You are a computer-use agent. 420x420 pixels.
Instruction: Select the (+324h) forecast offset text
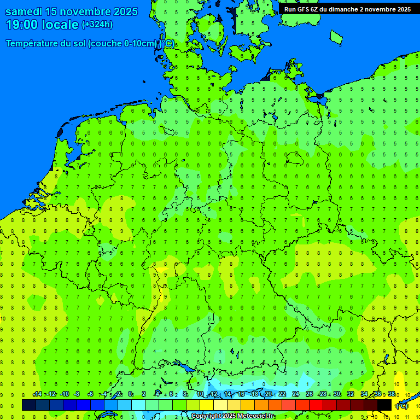click(97, 25)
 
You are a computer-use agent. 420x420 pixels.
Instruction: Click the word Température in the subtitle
click(32, 44)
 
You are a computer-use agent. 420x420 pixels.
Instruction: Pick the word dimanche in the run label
click(342, 9)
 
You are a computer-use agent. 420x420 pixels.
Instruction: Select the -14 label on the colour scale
click(37, 394)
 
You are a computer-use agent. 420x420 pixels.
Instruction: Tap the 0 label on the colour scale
click(130, 394)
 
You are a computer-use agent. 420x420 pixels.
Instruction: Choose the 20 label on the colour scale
click(268, 394)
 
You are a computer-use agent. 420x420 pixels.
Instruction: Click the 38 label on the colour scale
click(392, 394)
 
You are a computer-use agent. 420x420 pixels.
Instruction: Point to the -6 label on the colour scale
click(91, 394)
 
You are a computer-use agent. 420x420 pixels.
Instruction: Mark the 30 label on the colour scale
click(337, 394)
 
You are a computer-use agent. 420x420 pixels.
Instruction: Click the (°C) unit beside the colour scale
click(401, 405)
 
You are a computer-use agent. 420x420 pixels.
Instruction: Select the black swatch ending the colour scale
click(384, 405)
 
